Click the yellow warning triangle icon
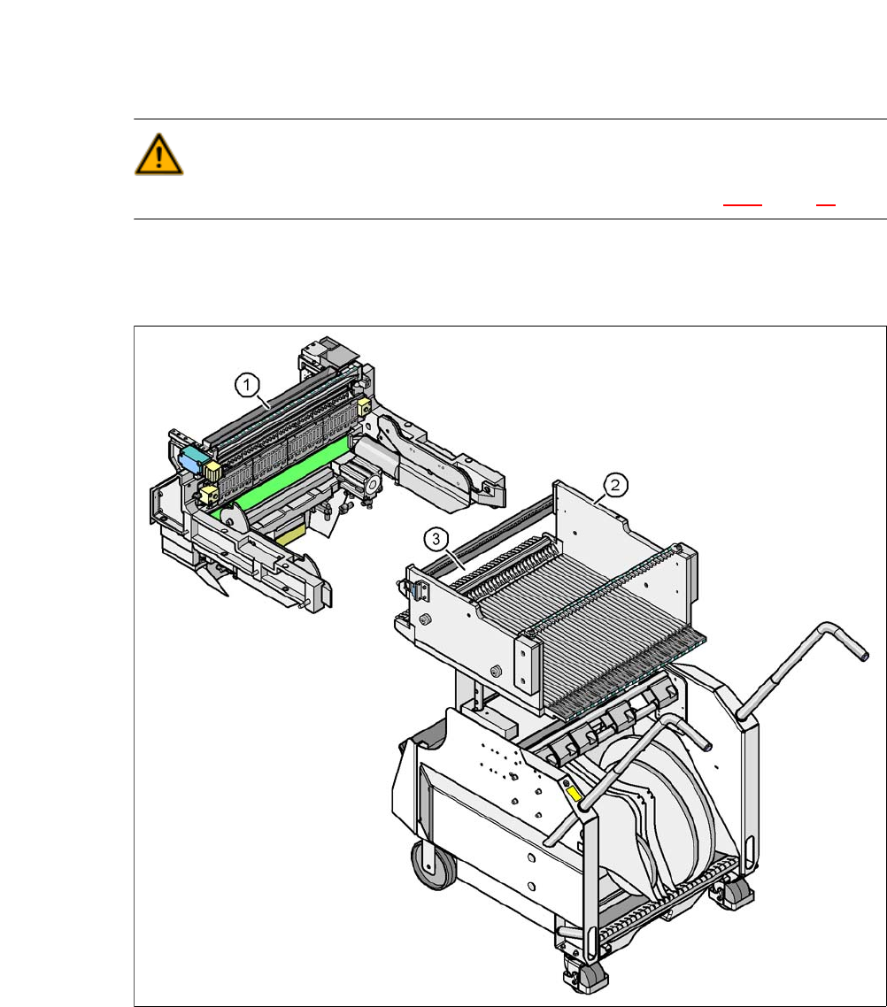pos(158,155)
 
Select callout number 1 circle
pos(247,385)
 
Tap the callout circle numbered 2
pos(615,484)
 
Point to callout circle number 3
pos(436,540)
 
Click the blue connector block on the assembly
pos(192,458)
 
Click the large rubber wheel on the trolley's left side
pos(433,864)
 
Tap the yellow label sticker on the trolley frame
pos(574,794)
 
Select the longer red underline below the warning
pos(743,205)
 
